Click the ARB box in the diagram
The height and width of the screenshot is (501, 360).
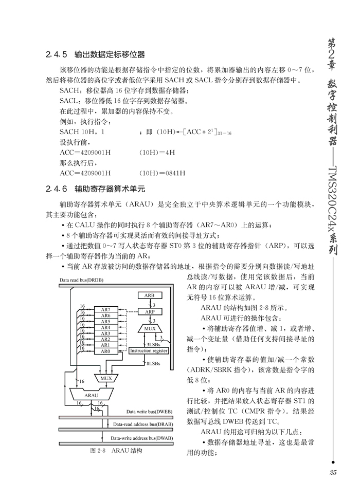point(149,295)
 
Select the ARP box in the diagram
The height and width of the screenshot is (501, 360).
point(149,311)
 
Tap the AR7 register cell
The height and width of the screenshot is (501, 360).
point(105,309)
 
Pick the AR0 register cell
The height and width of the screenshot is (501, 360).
point(105,351)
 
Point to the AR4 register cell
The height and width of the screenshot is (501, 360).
point(105,327)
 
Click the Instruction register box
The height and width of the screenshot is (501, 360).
point(149,351)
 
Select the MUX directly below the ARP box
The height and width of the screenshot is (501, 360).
point(149,327)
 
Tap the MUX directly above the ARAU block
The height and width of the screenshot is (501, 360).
point(106,378)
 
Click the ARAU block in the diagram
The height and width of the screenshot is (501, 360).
point(91,395)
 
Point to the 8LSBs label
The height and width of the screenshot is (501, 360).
point(153,364)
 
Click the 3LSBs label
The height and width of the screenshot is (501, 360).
point(153,344)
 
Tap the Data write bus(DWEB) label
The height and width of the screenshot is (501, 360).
point(149,411)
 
